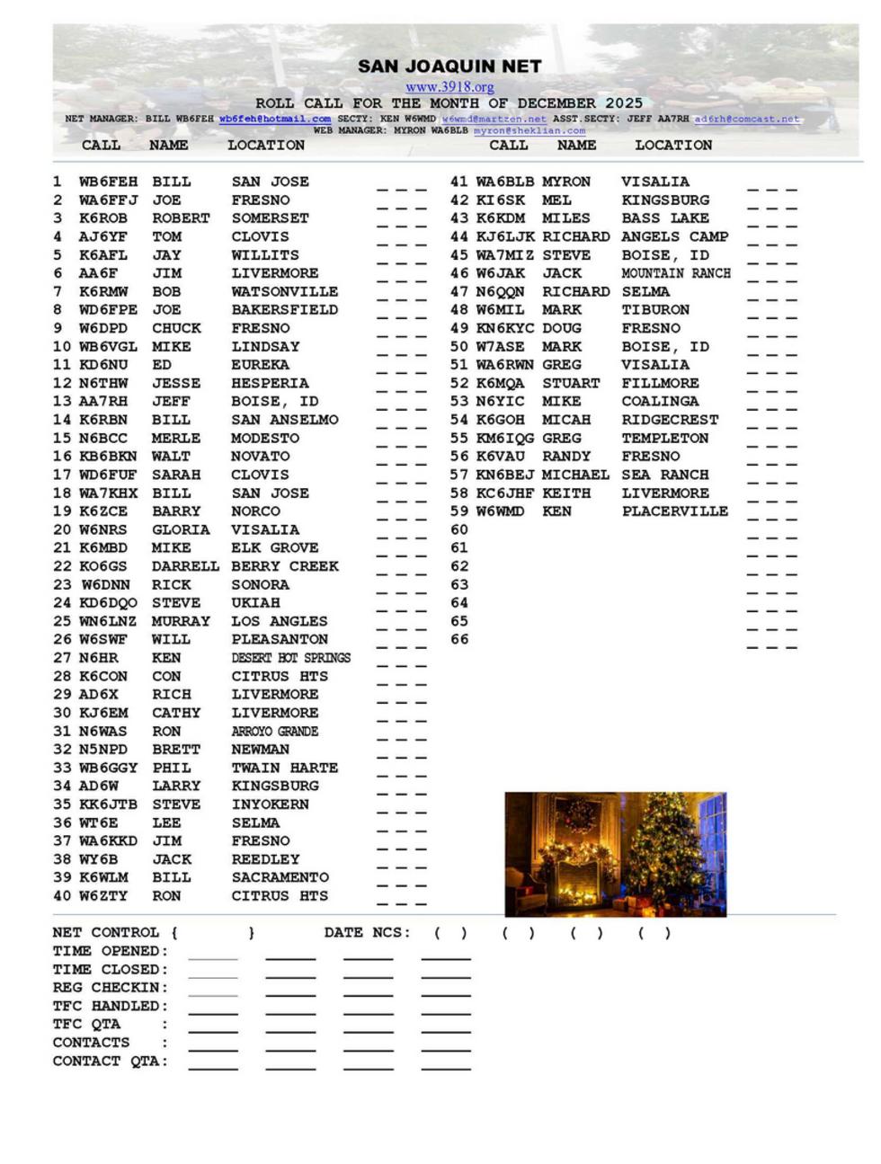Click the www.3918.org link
tap(449, 87)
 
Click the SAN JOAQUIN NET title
tap(449, 67)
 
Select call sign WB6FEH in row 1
tap(108, 182)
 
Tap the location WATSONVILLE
tap(284, 292)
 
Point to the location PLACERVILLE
tap(674, 511)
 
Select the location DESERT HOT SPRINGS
tap(290, 658)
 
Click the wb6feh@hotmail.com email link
tap(274, 119)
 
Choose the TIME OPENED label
tap(110, 951)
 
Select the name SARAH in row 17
tap(176, 475)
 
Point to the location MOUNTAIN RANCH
tap(675, 273)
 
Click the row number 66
tap(459, 640)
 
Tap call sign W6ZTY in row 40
tap(103, 896)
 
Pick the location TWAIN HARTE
tap(284, 768)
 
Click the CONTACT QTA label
tap(110, 1062)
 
